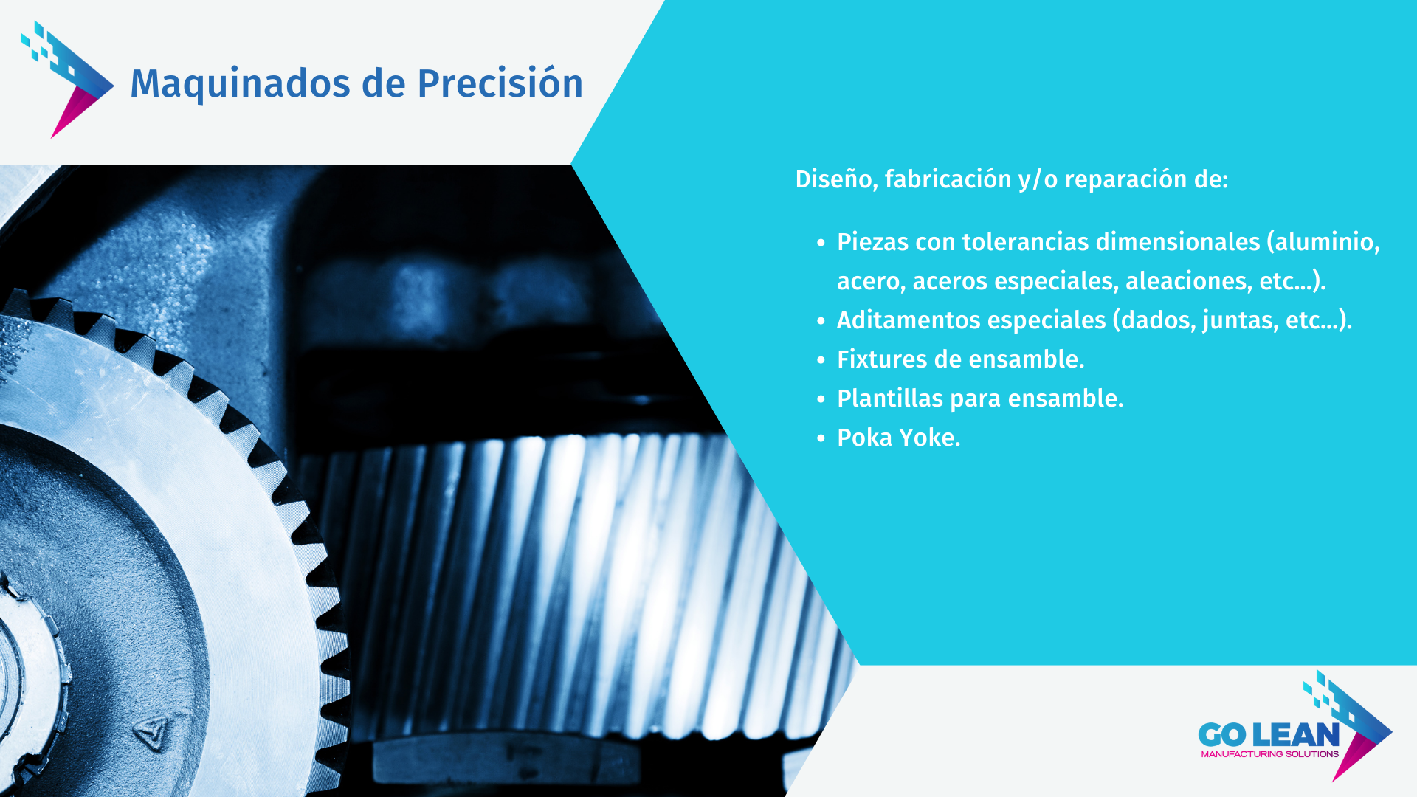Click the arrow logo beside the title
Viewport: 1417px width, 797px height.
[67, 79]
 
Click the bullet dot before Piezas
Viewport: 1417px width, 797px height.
[821, 243]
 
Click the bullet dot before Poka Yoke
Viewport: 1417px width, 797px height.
[821, 438]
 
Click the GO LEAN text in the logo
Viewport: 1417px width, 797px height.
[1269, 735]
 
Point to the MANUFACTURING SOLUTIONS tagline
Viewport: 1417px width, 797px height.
[1269, 754]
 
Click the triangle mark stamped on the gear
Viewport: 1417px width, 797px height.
[151, 733]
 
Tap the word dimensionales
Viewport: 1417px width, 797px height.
[1178, 242]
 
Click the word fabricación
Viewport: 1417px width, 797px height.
[948, 179]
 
